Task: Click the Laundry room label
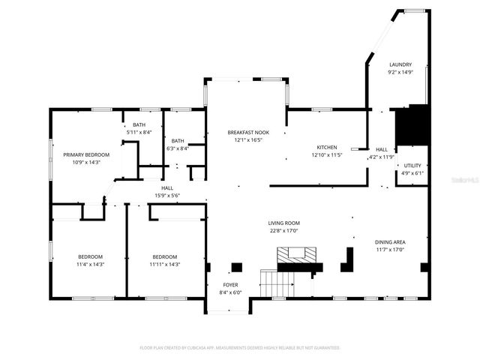(x=400, y=65)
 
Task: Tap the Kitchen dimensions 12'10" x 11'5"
(x=326, y=155)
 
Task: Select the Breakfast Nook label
(x=248, y=132)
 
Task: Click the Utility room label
(x=412, y=165)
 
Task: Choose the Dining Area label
(x=390, y=242)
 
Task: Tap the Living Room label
(x=284, y=223)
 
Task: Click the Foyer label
(x=230, y=285)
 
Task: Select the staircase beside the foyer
(x=276, y=283)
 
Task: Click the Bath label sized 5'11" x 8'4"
(x=139, y=124)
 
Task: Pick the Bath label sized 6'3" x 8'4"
(x=178, y=140)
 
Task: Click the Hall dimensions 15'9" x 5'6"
(x=166, y=196)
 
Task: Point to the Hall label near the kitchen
(x=381, y=149)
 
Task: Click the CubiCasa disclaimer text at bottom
(x=240, y=348)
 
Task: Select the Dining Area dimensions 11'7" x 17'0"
(x=390, y=250)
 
